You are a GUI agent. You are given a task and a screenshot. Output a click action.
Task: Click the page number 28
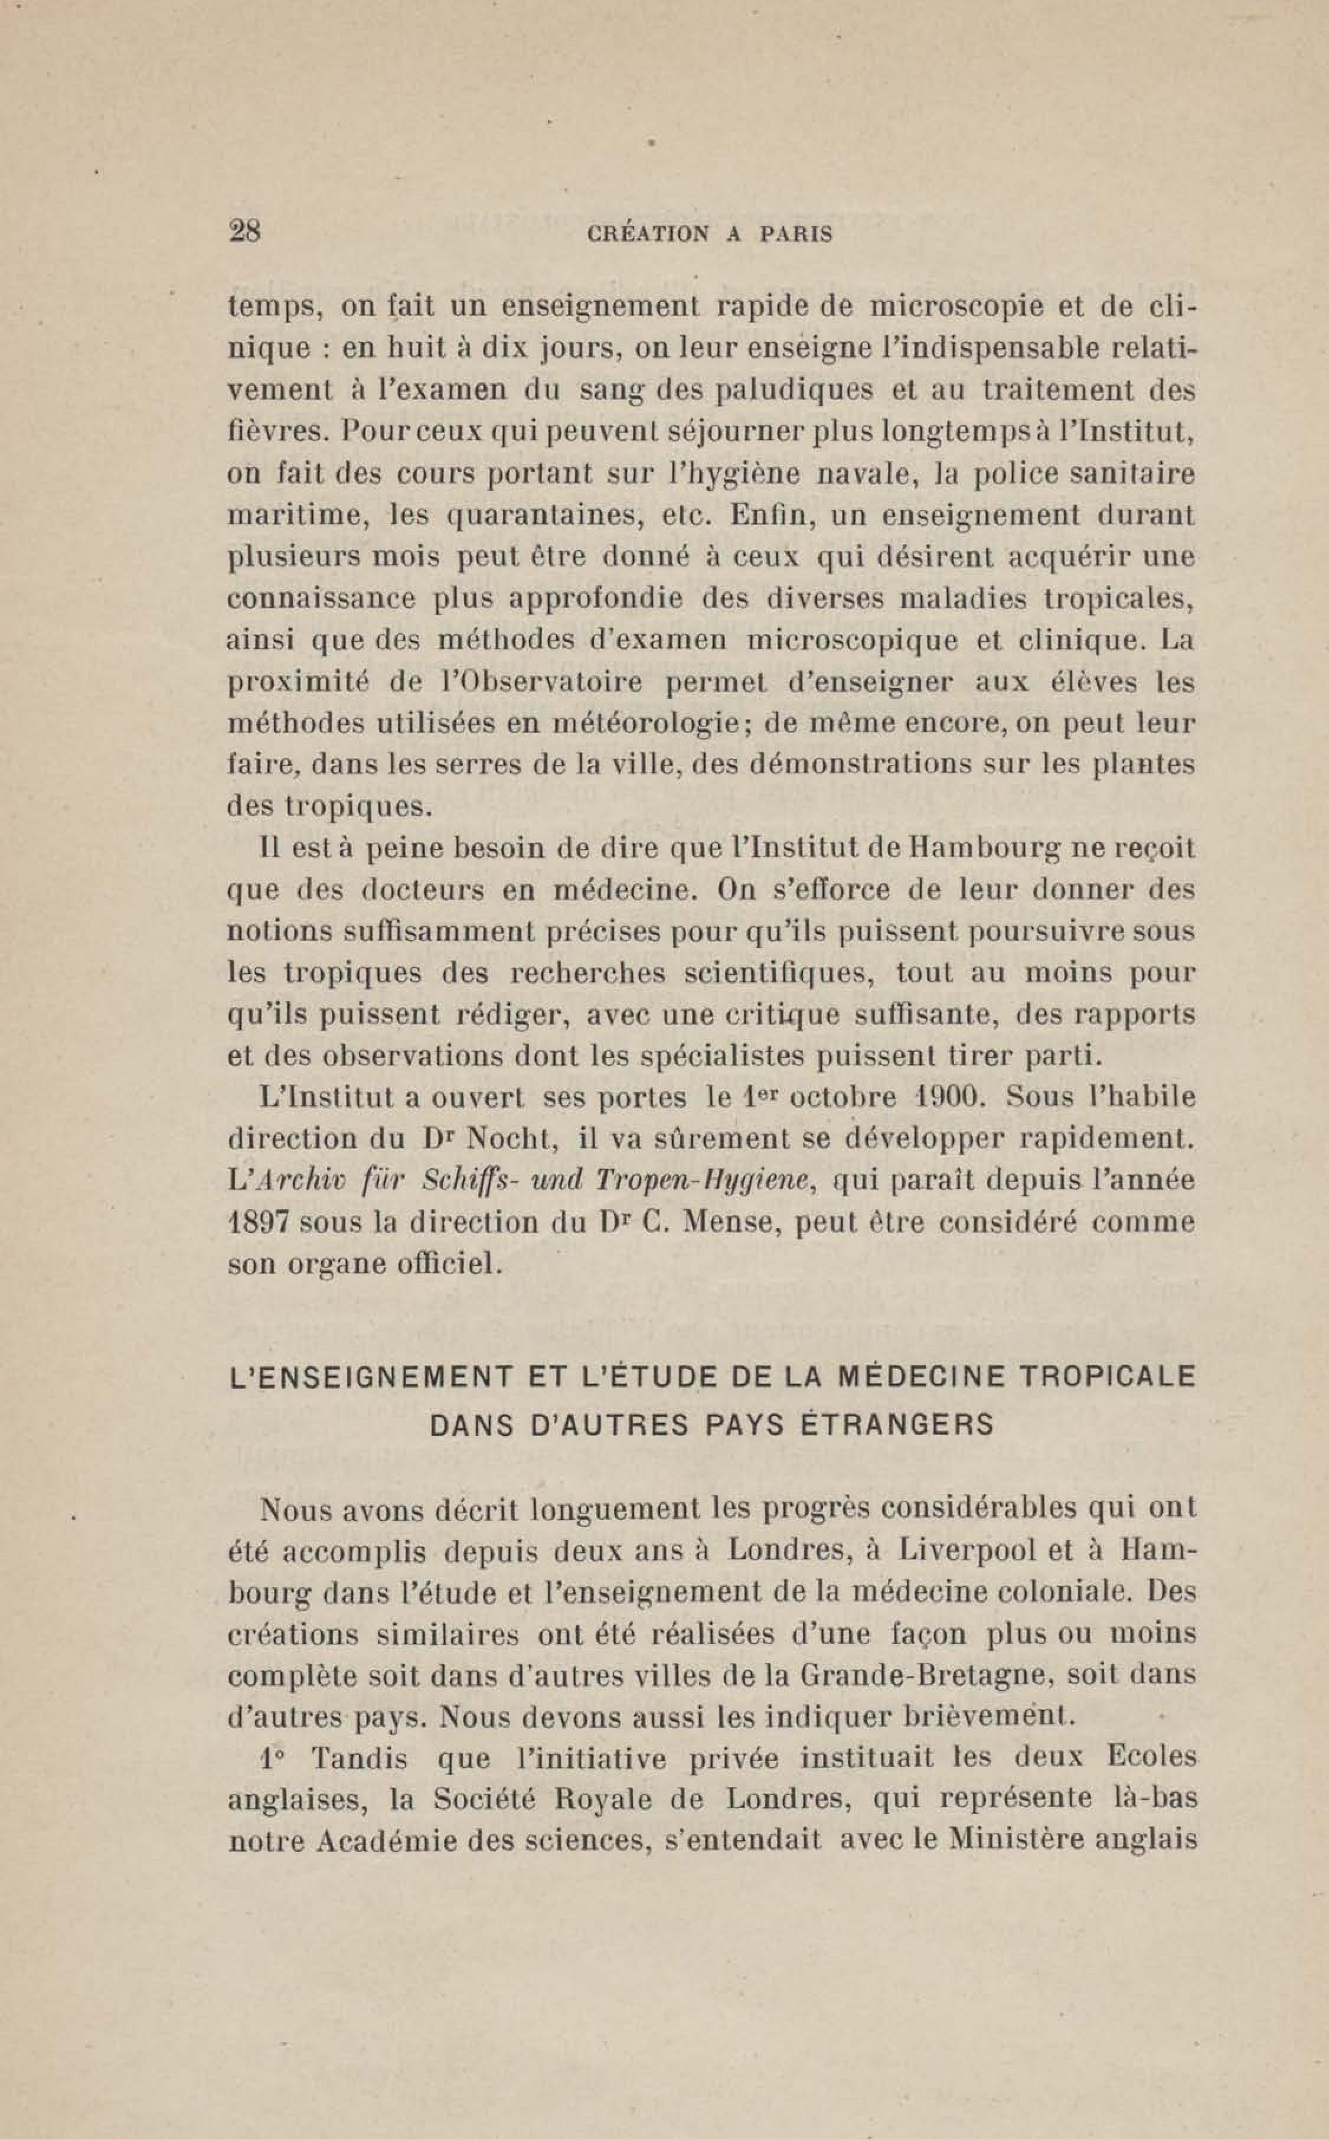coord(244,232)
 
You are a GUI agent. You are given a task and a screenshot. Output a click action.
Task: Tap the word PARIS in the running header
coord(796,236)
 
